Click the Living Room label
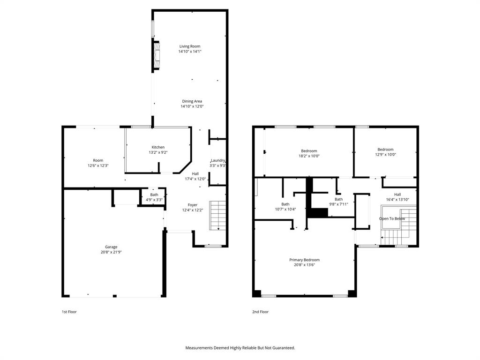click(190, 46)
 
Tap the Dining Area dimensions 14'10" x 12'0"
click(192, 106)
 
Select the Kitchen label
click(158, 147)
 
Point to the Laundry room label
click(218, 160)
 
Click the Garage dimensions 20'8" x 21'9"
click(111, 252)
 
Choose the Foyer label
click(193, 205)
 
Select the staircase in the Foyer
click(217, 215)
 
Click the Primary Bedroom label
click(304, 260)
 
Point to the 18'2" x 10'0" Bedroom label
click(309, 150)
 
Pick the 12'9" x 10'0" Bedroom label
click(385, 150)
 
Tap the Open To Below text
click(392, 219)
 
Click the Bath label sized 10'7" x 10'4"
click(285, 204)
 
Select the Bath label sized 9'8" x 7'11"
click(338, 199)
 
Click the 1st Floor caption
click(68, 312)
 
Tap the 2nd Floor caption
click(261, 312)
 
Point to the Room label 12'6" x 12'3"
click(98, 160)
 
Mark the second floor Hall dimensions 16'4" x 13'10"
click(397, 200)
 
